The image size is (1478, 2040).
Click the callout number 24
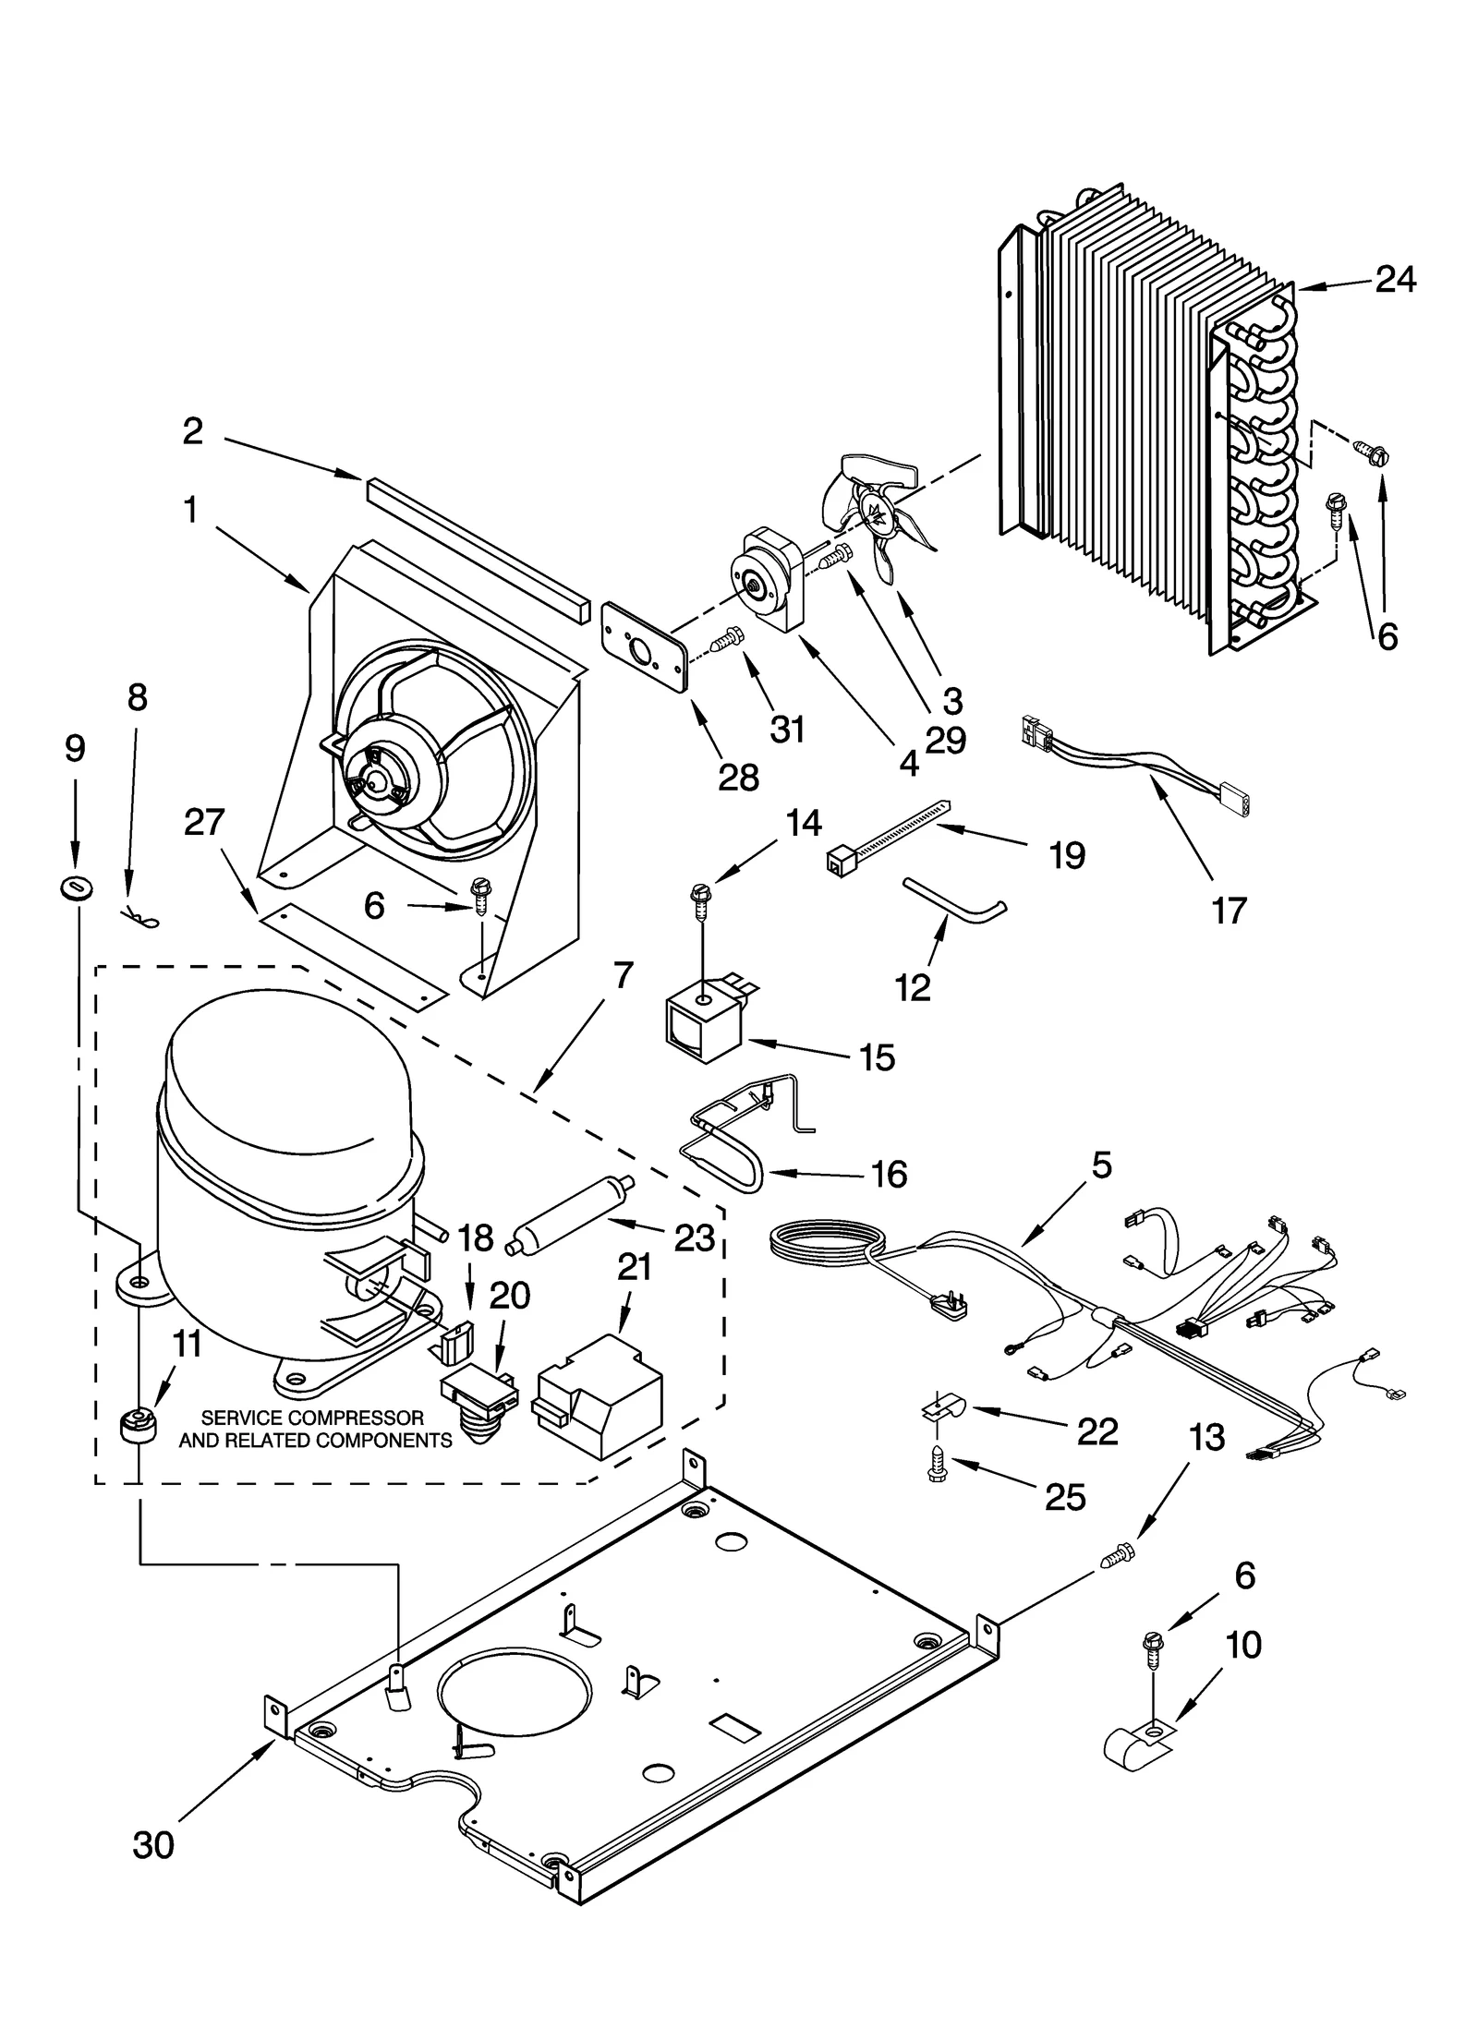coord(1395,279)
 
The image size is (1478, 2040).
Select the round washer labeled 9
coord(75,888)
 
